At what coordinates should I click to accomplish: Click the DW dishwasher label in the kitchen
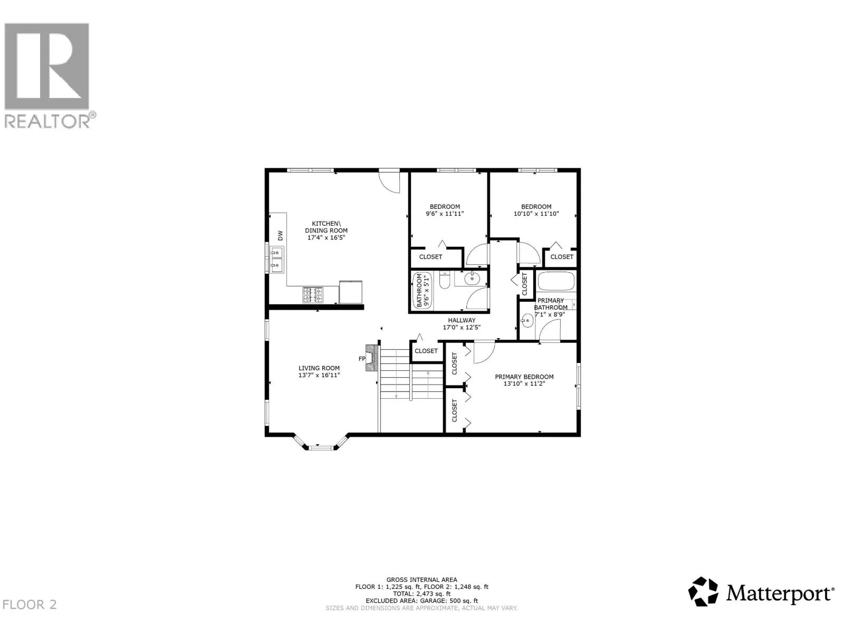pyautogui.click(x=280, y=236)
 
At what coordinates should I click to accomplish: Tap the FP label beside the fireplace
pyautogui.click(x=361, y=359)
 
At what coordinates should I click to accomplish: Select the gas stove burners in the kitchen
pyautogui.click(x=313, y=295)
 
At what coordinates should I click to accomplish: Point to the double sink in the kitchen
pyautogui.click(x=276, y=259)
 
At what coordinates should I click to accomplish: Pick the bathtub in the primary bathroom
pyautogui.click(x=556, y=281)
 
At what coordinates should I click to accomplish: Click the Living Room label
pyautogui.click(x=319, y=368)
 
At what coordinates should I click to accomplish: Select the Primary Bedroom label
pyautogui.click(x=524, y=377)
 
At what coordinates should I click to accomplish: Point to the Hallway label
pyautogui.click(x=462, y=320)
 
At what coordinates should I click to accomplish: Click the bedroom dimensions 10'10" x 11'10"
pyautogui.click(x=536, y=214)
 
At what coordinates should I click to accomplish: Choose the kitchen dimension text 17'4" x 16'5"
pyautogui.click(x=326, y=237)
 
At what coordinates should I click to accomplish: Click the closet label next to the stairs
pyautogui.click(x=426, y=351)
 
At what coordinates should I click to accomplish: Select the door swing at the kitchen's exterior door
pyautogui.click(x=389, y=182)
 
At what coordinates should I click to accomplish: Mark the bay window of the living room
pyautogui.click(x=321, y=442)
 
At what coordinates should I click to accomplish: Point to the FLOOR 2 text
pyautogui.click(x=30, y=605)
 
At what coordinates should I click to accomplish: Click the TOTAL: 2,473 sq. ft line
pyautogui.click(x=422, y=594)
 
